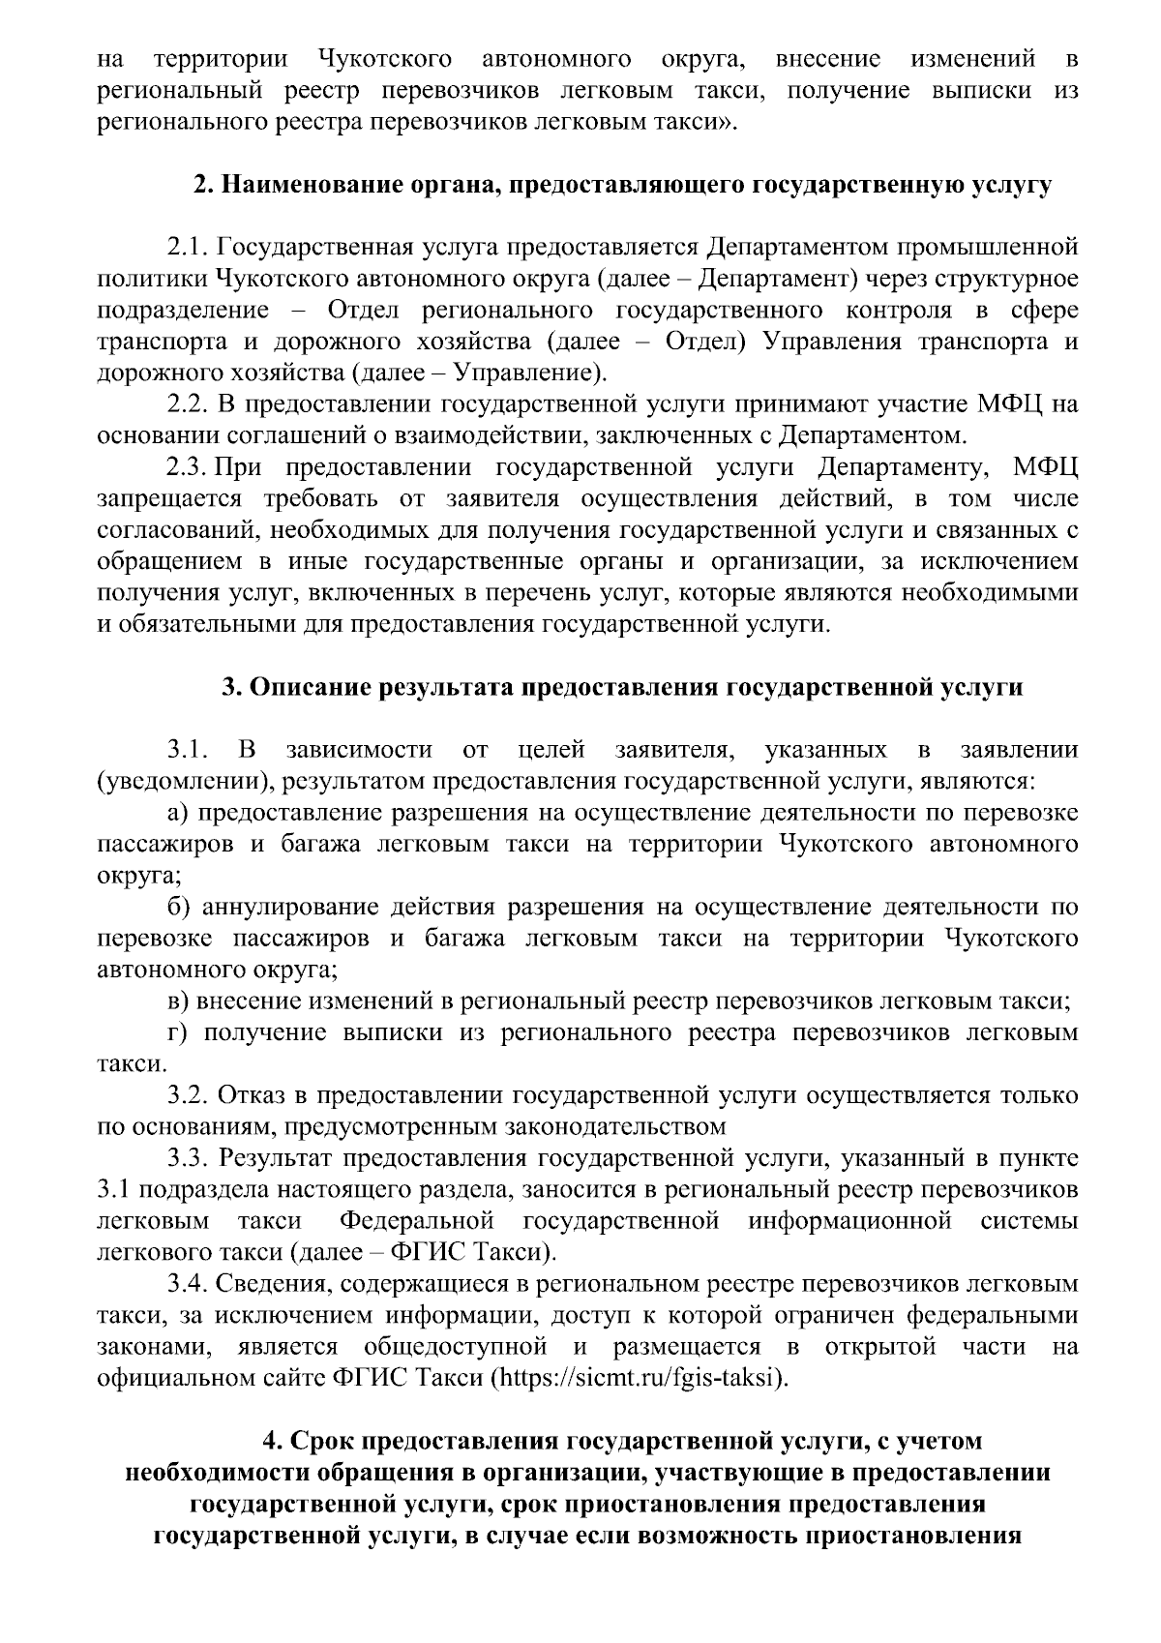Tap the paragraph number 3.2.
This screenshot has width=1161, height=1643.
click(x=188, y=1095)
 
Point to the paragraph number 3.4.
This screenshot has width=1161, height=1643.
click(x=188, y=1284)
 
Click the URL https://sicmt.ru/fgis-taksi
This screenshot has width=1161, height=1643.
click(x=637, y=1378)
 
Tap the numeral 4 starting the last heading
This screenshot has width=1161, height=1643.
click(x=272, y=1441)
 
